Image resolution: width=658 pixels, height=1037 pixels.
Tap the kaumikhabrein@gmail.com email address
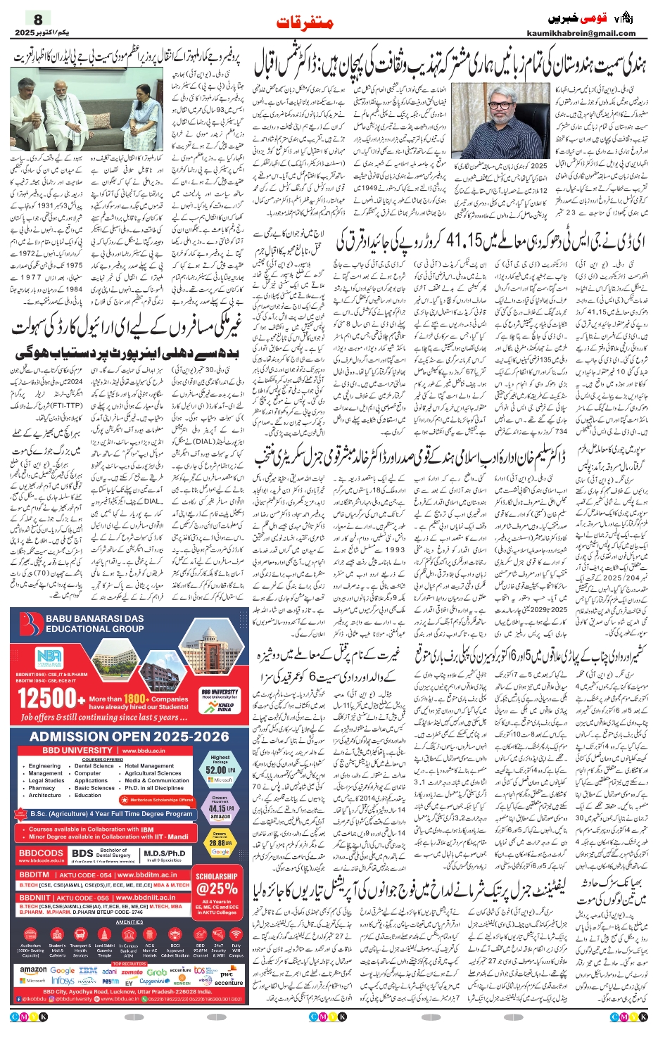click(581, 33)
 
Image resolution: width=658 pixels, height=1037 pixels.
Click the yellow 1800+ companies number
click(135, 699)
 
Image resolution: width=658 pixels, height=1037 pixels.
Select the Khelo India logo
click(224, 706)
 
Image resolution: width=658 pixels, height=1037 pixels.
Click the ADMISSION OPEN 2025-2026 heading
click(129, 736)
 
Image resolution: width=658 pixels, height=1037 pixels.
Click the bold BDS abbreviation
click(82, 853)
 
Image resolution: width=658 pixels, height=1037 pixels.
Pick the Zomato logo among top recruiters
click(132, 972)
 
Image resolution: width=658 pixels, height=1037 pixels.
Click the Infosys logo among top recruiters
click(63, 981)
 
